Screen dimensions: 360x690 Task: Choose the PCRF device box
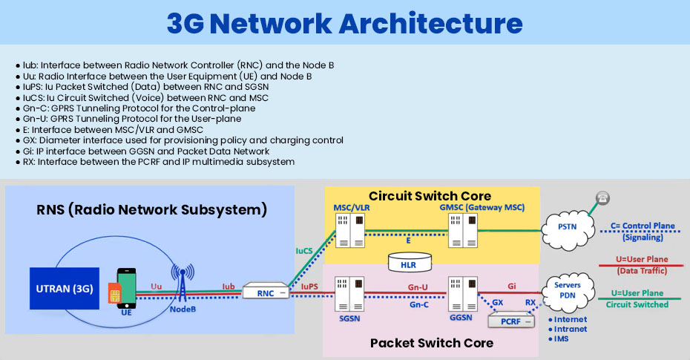click(510, 320)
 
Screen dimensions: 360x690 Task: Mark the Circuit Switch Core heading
click(419, 197)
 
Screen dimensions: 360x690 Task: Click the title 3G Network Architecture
click(344, 23)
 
